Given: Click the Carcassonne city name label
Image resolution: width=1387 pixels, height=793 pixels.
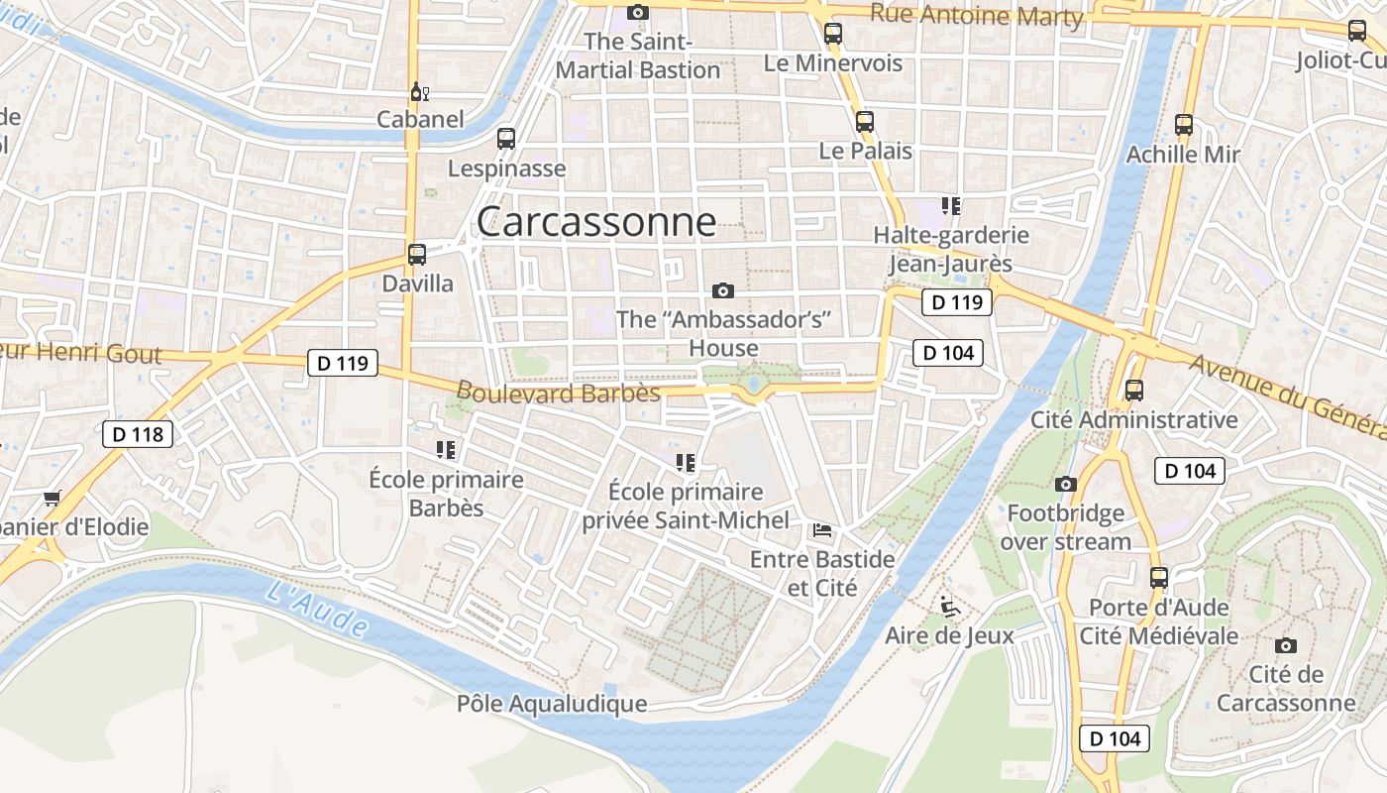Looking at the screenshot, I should coord(596,221).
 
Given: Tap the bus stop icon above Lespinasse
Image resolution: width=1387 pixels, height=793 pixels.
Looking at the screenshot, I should coord(506,139).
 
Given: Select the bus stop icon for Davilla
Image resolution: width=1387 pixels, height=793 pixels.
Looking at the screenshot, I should coord(417,254).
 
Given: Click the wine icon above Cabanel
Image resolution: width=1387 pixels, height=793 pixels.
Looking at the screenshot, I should coord(420,92).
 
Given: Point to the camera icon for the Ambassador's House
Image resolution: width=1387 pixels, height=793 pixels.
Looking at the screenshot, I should coord(723,290).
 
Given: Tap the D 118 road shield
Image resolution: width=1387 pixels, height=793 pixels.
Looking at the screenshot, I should coord(138,433).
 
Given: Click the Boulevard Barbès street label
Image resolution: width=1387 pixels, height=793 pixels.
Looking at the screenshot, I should coord(558,393).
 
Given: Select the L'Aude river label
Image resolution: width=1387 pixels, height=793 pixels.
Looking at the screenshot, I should coord(318,608).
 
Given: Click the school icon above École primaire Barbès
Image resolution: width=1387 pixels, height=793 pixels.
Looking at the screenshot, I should coord(446,450).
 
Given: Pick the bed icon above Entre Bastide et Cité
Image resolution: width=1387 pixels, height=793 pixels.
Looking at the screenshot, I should coord(822,530).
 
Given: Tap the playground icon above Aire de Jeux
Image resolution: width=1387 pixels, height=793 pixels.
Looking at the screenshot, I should coord(949,605).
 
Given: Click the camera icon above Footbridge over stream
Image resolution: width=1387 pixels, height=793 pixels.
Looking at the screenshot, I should coord(1066,484).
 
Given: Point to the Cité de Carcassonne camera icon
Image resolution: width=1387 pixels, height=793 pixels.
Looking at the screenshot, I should coord(1286,645).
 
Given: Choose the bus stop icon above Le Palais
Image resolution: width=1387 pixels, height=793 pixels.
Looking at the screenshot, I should coord(865,122).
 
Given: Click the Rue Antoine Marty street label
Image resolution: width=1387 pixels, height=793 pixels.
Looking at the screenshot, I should coord(977,15).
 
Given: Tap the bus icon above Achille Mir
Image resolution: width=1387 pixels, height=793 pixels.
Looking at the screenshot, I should coord(1184,125).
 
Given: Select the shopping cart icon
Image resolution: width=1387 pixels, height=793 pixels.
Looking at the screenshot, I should coord(52,498).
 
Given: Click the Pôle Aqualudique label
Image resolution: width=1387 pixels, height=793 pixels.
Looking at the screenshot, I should coord(552,704).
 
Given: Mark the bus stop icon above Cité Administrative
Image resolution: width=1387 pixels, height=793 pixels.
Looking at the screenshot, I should coord(1134,391).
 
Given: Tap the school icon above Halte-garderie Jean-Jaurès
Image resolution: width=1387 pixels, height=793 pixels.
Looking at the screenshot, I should coord(951,206).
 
